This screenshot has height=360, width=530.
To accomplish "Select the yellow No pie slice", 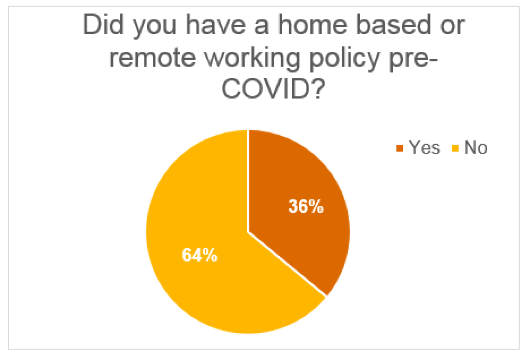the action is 201,260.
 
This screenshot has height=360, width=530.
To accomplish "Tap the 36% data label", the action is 306,206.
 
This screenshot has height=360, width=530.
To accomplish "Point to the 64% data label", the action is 200,255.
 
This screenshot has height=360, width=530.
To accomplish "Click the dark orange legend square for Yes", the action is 400,148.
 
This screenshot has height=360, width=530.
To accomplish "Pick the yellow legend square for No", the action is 455,148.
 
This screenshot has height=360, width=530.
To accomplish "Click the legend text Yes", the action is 424,148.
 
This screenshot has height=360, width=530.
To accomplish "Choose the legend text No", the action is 476,148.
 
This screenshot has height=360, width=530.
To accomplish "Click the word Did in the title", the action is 103,25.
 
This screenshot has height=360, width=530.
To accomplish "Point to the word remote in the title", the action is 152,58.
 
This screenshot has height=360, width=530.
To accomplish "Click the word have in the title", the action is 215,25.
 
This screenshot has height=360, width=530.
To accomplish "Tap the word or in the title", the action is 452,26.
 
